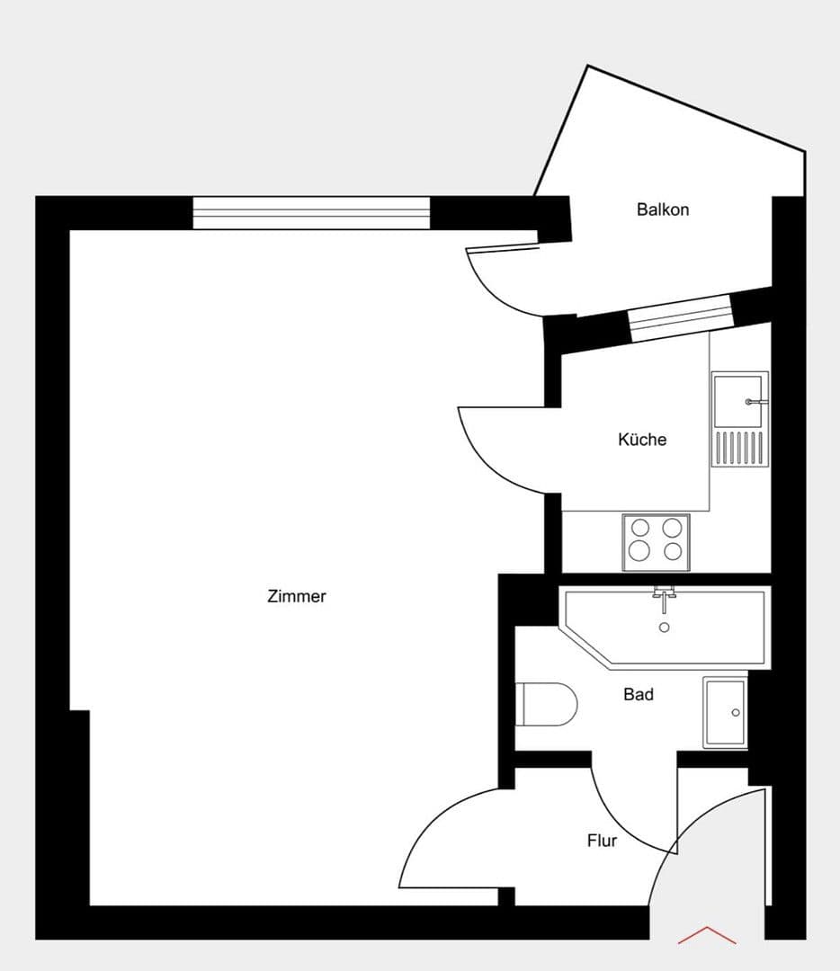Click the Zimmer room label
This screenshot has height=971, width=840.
(297, 596)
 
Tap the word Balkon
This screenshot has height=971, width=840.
(663, 209)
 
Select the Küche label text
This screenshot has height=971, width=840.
(642, 440)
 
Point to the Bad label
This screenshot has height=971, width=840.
(639, 694)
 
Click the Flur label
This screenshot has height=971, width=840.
(602, 842)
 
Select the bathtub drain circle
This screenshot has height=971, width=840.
(665, 628)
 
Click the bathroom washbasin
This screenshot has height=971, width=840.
(726, 713)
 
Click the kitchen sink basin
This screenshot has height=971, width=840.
(739, 400)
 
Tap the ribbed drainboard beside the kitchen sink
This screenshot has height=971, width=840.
(739, 448)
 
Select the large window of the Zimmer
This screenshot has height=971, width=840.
(311, 213)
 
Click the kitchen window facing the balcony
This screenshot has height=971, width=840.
(680, 318)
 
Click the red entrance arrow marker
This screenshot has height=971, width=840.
(707, 935)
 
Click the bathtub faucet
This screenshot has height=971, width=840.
(665, 594)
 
